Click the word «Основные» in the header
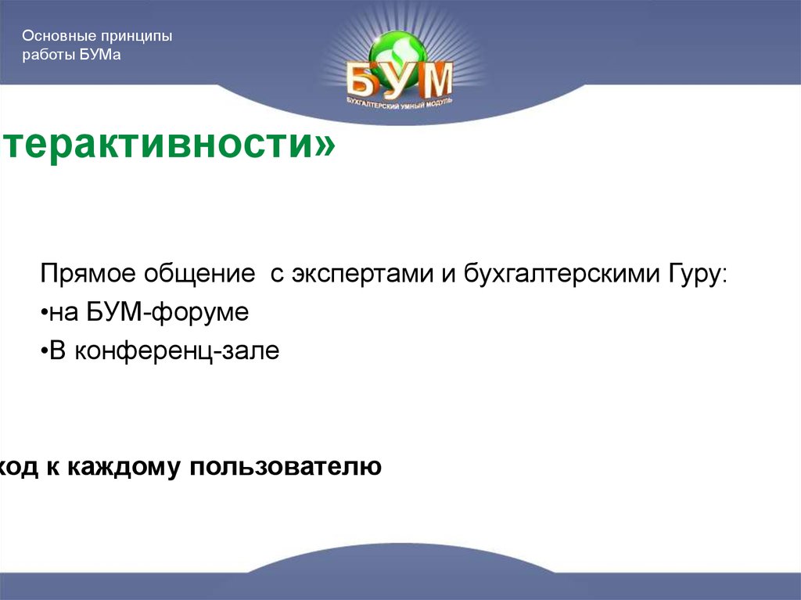[52, 37]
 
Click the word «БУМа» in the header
[100, 56]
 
